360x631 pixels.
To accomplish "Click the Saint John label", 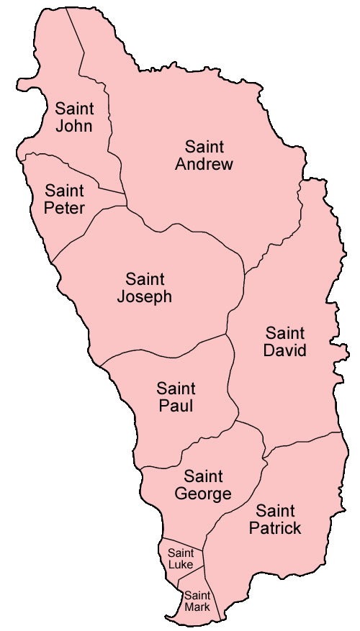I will click(x=73, y=117).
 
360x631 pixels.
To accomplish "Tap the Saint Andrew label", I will click(x=209, y=155).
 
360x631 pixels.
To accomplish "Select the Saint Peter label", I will click(x=64, y=200).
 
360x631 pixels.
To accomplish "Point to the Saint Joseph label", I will click(x=145, y=287).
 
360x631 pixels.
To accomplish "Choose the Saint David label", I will click(x=285, y=342).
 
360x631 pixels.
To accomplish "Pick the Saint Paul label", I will click(x=176, y=397).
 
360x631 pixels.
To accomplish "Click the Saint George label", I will click(x=203, y=485).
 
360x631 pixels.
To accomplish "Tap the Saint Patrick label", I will click(x=275, y=520).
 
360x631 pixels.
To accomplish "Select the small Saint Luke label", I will click(x=180, y=558).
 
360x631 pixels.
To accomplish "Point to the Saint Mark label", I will click(x=197, y=601).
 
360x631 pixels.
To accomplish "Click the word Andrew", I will click(x=209, y=165).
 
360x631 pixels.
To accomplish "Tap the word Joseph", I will click(x=145, y=296).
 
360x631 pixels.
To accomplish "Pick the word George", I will click(x=203, y=494).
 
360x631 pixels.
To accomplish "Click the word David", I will click(x=285, y=351).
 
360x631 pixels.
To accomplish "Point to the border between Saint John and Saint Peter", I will click(x=72, y=165).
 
